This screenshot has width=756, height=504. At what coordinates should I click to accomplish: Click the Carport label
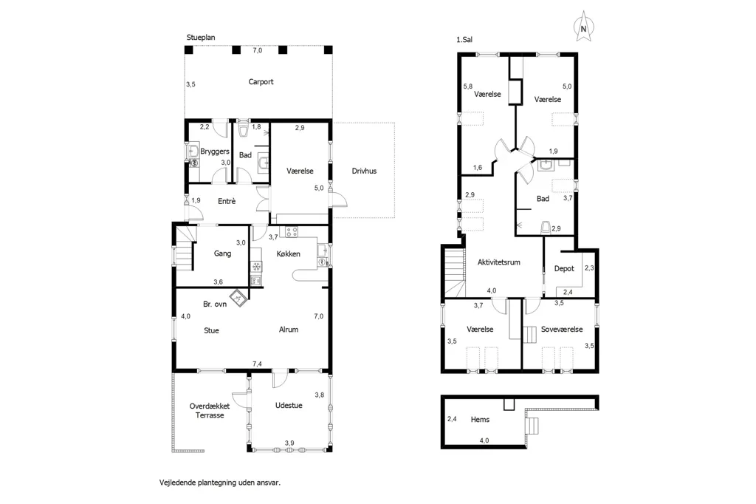261,82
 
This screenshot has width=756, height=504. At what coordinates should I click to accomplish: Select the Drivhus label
364,171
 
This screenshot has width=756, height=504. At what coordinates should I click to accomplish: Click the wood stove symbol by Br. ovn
238,298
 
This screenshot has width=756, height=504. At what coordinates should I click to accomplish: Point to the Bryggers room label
215,151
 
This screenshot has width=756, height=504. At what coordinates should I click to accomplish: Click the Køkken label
289,254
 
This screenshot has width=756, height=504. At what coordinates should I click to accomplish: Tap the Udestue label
289,406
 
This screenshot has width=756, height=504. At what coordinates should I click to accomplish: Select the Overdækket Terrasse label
210,411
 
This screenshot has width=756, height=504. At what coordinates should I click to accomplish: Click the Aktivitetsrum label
498,262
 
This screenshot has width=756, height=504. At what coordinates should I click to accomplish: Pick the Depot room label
564,269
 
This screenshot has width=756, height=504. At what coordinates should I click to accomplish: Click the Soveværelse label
562,330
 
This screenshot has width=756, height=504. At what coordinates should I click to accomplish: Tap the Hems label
480,420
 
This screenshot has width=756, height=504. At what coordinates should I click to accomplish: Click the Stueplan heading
201,38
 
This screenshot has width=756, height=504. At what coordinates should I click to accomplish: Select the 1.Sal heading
464,40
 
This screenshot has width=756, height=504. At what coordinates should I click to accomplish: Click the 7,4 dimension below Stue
258,364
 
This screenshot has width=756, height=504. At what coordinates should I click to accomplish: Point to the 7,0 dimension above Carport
258,50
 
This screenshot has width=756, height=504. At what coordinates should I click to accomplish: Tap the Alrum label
289,330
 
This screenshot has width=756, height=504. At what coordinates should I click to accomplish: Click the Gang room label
222,253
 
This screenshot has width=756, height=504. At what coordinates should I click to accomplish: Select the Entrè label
227,201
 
